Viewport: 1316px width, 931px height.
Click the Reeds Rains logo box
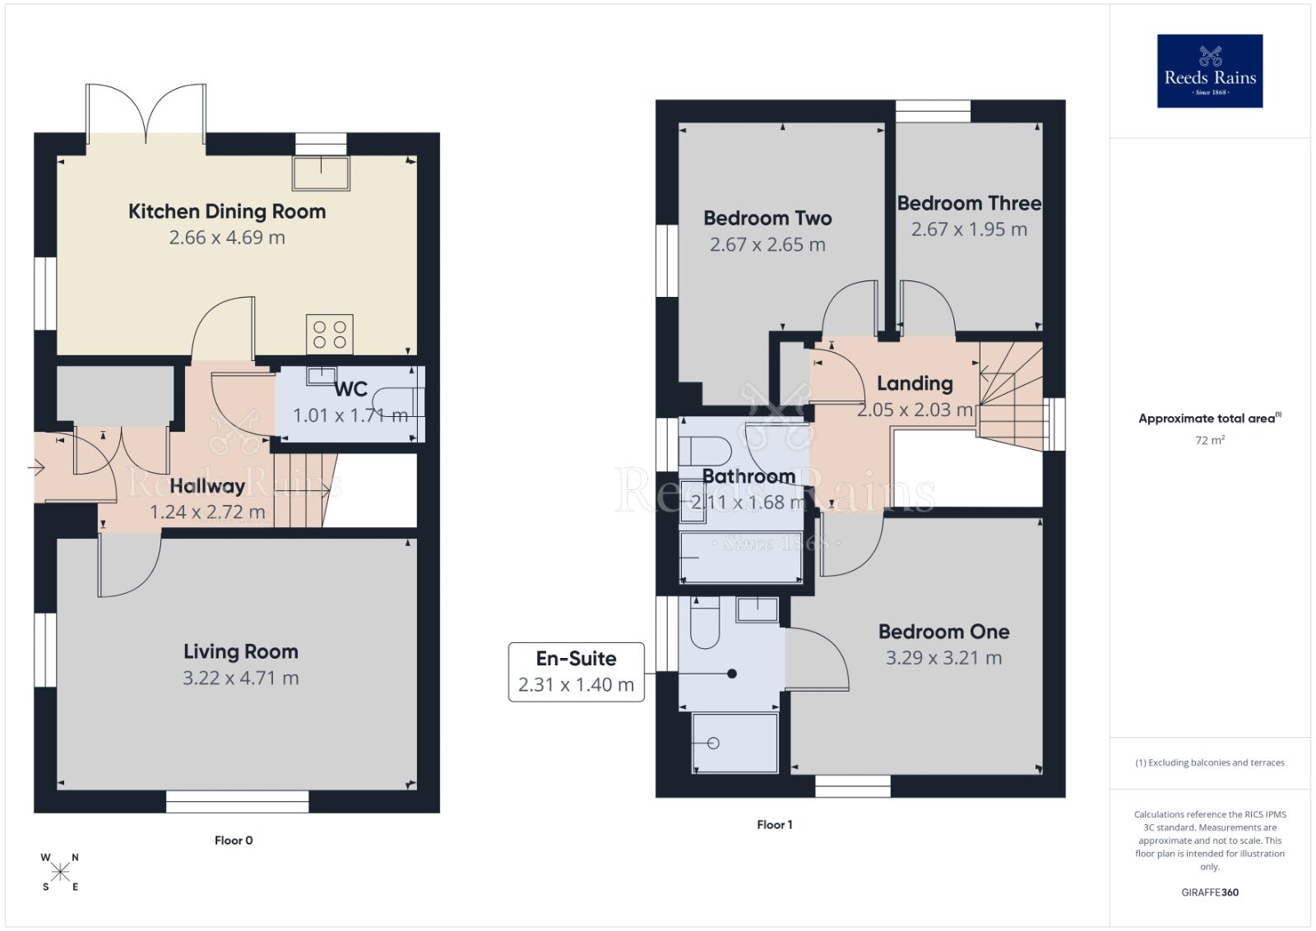pyautogui.click(x=1209, y=71)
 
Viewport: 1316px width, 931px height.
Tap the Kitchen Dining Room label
pyautogui.click(x=227, y=211)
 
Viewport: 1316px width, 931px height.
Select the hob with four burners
pyautogui.click(x=330, y=335)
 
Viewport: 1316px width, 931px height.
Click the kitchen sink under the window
pyautogui.click(x=321, y=172)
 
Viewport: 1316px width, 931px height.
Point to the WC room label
pyautogui.click(x=350, y=389)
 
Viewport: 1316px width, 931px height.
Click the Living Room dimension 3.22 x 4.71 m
pyautogui.click(x=240, y=678)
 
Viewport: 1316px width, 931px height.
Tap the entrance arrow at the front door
pyautogui.click(x=35, y=468)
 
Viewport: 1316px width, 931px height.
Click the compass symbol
pyautogui.click(x=60, y=872)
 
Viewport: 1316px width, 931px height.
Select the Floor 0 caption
pyautogui.click(x=234, y=840)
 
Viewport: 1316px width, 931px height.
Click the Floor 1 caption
pyautogui.click(x=774, y=824)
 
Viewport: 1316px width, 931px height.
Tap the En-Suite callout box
pyautogui.click(x=576, y=671)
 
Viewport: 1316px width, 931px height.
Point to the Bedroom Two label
pyautogui.click(x=767, y=218)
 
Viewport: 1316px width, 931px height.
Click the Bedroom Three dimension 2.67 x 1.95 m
pyautogui.click(x=968, y=229)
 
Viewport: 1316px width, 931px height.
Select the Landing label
pyautogui.click(x=915, y=383)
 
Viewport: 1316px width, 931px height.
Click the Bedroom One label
pyautogui.click(x=943, y=632)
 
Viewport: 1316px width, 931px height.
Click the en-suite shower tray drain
pyautogui.click(x=713, y=743)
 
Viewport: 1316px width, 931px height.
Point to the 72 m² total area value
pyautogui.click(x=1209, y=440)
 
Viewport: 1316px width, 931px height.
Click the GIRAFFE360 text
pyautogui.click(x=1209, y=892)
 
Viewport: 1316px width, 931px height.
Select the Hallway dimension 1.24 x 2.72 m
pyautogui.click(x=207, y=512)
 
